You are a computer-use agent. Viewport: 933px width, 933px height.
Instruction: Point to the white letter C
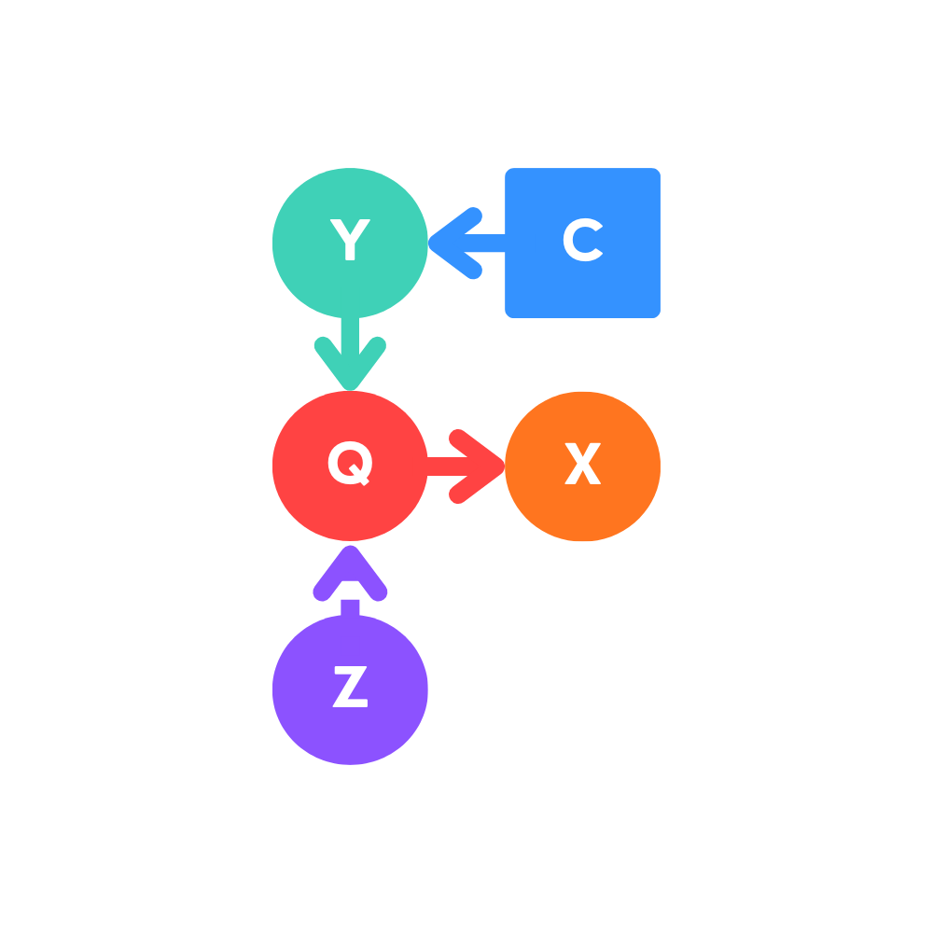581,242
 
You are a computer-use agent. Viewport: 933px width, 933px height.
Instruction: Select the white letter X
583,465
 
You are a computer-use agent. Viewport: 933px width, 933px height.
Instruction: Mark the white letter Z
350,689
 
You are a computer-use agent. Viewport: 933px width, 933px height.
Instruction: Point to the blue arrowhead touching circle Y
448,244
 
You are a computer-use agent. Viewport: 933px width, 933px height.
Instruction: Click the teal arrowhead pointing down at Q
350,369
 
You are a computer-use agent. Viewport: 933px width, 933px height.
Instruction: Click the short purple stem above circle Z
350,607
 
